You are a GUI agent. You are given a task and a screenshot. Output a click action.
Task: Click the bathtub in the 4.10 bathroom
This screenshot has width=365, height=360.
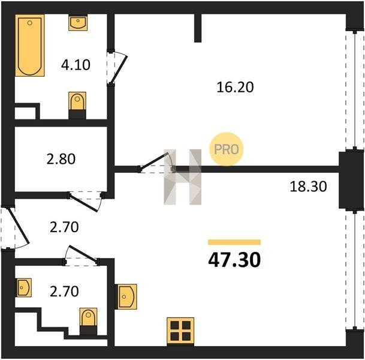click(30, 46)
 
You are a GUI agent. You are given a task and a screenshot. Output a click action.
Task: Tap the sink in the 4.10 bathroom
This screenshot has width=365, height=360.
click(78, 22)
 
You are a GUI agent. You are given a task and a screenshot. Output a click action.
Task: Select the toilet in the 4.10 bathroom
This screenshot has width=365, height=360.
click(77, 106)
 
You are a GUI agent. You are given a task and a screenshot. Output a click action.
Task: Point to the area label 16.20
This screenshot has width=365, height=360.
click(235, 88)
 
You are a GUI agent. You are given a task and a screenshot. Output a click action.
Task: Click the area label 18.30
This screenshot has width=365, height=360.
click(309, 187)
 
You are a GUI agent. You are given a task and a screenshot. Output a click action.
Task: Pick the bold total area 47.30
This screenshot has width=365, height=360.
click(234, 260)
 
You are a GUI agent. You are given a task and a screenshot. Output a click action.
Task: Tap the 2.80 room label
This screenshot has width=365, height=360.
click(61, 159)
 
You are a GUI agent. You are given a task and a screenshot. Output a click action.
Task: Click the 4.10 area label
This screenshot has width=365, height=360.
click(76, 65)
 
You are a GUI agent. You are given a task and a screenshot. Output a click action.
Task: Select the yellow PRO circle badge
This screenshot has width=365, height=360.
click(227, 149)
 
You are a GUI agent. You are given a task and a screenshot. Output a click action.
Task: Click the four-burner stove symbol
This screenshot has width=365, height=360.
click(180, 331)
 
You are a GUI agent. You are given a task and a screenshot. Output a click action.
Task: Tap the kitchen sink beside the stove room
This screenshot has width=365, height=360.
click(126, 296)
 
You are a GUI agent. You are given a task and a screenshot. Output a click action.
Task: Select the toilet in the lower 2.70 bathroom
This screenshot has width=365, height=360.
click(88, 322)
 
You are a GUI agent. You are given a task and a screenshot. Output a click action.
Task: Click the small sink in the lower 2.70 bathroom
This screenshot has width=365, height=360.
click(23, 287)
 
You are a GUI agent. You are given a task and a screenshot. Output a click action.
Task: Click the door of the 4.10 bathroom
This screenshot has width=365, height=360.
click(118, 67)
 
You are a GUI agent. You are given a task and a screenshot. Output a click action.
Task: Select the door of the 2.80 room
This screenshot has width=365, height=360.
click(86, 201)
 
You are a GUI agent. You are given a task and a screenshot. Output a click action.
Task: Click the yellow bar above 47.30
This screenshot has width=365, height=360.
click(234, 242)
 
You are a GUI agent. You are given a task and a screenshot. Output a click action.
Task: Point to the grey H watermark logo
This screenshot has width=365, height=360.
click(182, 177)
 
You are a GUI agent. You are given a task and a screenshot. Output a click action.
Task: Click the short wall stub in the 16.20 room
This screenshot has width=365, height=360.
click(198, 28)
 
